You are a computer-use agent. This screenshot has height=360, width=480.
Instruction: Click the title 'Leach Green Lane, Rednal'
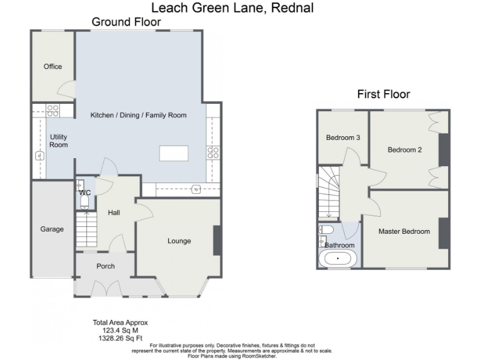(x=232, y=7)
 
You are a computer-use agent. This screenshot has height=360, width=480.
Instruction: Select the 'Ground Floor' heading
(x=126, y=22)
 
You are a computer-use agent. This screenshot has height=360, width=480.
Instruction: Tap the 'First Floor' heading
(x=383, y=94)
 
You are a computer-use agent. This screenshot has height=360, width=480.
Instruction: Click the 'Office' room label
(x=52, y=66)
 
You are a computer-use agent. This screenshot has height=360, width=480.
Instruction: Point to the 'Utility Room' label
(x=58, y=141)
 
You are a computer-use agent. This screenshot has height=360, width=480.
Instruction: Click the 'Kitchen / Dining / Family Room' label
(x=138, y=115)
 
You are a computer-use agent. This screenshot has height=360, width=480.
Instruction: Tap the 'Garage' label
(x=52, y=229)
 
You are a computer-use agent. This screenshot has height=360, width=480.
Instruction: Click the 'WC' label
(x=84, y=192)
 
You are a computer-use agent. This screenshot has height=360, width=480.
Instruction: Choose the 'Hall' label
(x=114, y=212)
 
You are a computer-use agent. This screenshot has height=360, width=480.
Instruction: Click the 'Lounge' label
(x=179, y=241)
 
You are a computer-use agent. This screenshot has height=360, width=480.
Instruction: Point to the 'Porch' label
(x=106, y=266)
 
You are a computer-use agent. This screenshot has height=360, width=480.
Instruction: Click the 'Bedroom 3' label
(x=342, y=137)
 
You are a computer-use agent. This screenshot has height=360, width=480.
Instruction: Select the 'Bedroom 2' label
(x=404, y=149)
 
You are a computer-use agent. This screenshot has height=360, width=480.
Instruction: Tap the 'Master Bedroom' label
(x=404, y=231)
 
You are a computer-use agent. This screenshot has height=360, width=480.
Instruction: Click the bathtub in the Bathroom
(x=338, y=259)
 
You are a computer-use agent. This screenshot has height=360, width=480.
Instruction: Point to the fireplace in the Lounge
(x=217, y=240)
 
